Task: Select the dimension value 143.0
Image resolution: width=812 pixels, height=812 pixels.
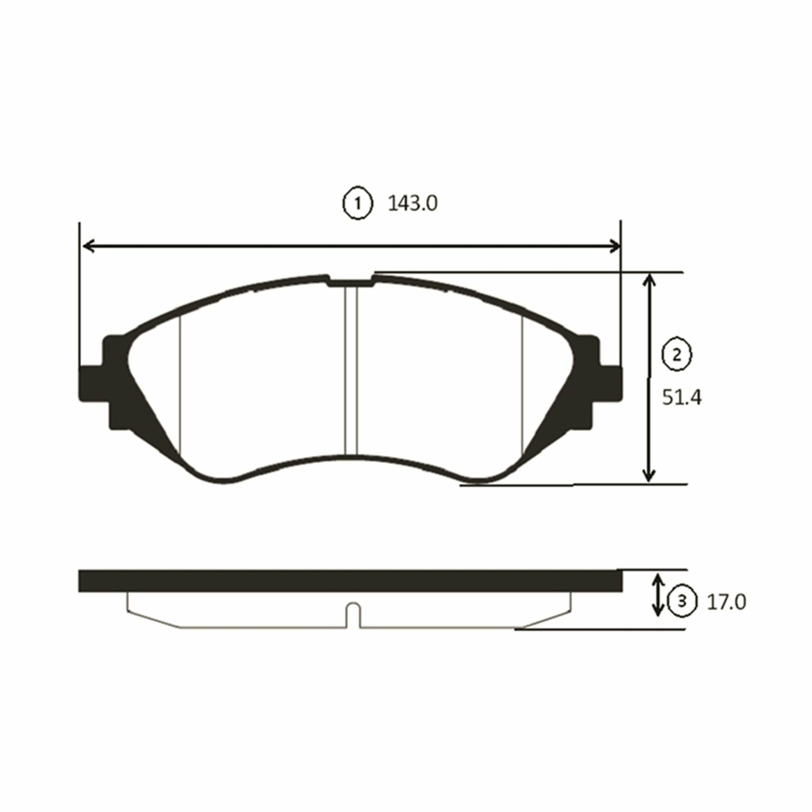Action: (412, 204)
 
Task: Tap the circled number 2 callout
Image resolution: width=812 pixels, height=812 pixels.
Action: (677, 356)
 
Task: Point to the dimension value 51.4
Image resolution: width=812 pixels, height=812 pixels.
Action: (682, 397)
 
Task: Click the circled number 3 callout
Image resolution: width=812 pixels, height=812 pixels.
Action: (682, 602)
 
